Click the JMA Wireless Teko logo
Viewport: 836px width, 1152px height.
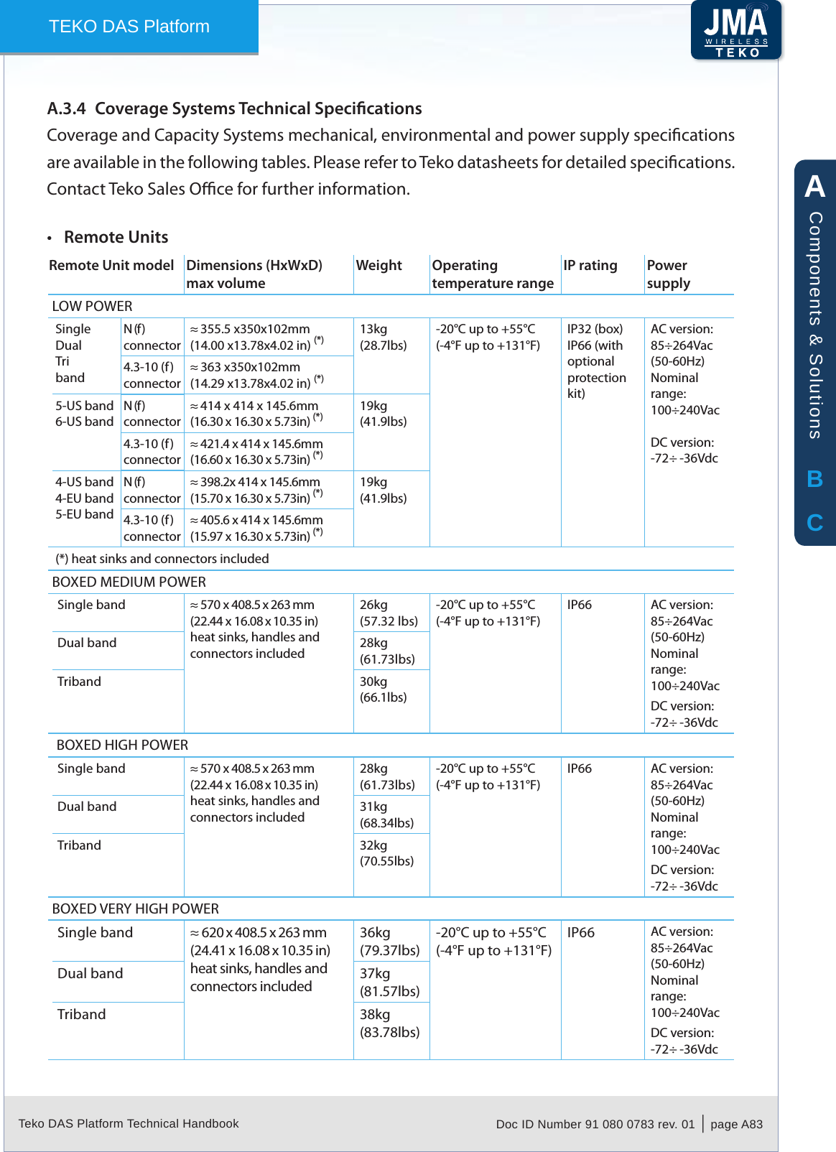[x=735, y=31]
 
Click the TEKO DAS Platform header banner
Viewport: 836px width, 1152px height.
[x=129, y=27]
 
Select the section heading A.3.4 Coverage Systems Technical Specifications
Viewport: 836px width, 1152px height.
[x=234, y=108]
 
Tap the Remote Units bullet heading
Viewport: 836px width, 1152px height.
[x=116, y=237]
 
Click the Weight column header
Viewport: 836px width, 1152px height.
[x=378, y=265]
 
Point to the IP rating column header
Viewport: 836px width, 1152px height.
[x=590, y=265]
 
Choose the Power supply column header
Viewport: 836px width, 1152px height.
[x=668, y=274]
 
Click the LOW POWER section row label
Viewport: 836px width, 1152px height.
[x=92, y=306]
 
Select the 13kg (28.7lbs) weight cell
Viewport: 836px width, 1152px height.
[x=384, y=337]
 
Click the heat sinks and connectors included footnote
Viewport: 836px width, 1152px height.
[x=162, y=559]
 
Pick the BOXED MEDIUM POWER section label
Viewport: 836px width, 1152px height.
[x=129, y=582]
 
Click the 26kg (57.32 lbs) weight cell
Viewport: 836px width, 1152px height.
[x=389, y=613]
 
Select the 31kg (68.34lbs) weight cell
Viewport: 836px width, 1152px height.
[x=386, y=814]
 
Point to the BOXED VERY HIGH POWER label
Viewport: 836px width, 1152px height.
[x=135, y=909]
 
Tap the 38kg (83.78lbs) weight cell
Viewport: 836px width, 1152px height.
[x=389, y=1023]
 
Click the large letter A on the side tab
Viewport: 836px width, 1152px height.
[x=814, y=187]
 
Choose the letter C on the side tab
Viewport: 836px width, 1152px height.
[x=814, y=522]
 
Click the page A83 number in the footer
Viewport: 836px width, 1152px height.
[x=736, y=1124]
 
